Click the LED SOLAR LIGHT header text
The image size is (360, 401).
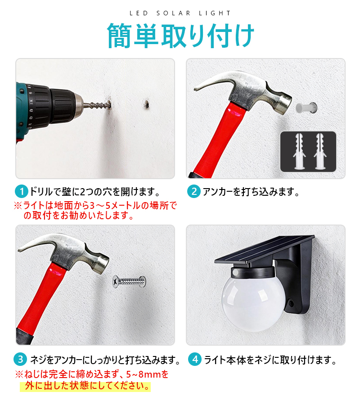tap(180, 13)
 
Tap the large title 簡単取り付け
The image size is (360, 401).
tap(180, 36)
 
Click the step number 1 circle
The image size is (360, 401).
tap(22, 191)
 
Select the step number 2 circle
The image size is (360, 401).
tap(194, 191)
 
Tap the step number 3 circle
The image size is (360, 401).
tap(20, 359)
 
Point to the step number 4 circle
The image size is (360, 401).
tap(195, 359)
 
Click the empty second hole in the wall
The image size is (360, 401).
tap(147, 104)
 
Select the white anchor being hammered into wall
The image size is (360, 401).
tap(306, 108)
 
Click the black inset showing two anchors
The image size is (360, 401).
tap(308, 151)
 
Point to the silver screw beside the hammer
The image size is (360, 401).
tap(130, 282)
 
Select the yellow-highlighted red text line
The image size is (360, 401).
tap(85, 386)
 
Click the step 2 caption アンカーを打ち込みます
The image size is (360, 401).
tap(251, 192)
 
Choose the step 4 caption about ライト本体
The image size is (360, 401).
tap(270, 360)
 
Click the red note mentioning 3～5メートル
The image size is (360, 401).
tap(95, 210)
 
